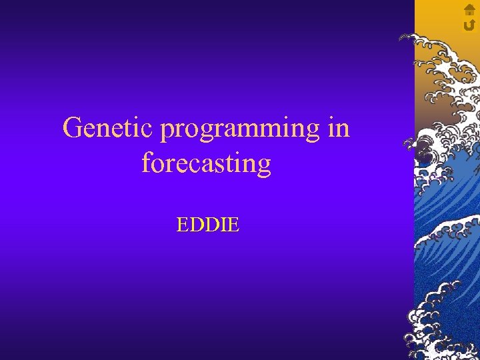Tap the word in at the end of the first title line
339,127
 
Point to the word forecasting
206,163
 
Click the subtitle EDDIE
207,225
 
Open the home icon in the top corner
469,9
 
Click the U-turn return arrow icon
469,24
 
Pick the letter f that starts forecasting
146,163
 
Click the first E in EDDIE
182,225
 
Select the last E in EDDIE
233,225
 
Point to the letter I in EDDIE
223,225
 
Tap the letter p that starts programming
167,131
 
